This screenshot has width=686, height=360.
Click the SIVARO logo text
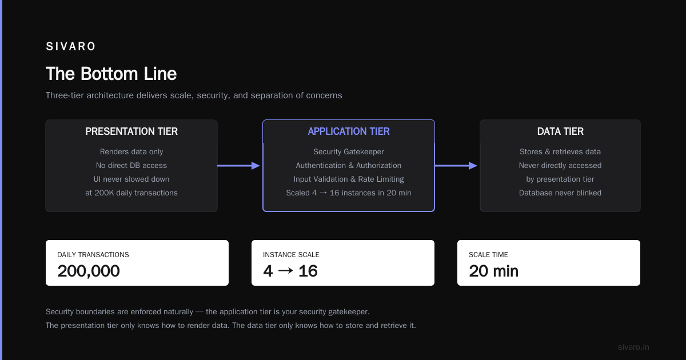tap(71, 46)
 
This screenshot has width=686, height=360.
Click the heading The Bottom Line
tap(111, 74)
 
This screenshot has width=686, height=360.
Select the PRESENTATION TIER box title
tap(131, 131)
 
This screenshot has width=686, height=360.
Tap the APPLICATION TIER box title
tap(349, 131)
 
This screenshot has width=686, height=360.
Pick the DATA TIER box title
tap(560, 131)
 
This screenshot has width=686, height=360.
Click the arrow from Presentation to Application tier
tap(238, 166)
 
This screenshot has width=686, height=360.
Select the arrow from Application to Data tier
tap(456, 166)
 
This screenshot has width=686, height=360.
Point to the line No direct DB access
tap(131, 165)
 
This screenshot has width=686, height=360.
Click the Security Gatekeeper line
tap(349, 151)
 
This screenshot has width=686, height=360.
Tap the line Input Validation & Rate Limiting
tap(349, 179)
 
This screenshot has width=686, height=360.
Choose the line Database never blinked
tap(560, 193)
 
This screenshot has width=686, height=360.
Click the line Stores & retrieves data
tap(560, 151)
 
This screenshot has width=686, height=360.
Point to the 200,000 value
tap(89, 271)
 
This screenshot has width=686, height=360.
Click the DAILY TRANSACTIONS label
tap(93, 255)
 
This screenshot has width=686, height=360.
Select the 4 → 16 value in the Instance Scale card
tap(290, 271)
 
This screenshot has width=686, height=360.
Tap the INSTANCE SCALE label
tap(291, 255)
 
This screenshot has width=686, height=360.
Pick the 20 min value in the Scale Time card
tap(493, 271)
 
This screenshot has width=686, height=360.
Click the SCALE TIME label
tap(488, 255)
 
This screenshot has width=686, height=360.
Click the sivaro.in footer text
tap(633, 347)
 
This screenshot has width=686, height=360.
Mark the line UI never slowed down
tap(131, 179)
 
